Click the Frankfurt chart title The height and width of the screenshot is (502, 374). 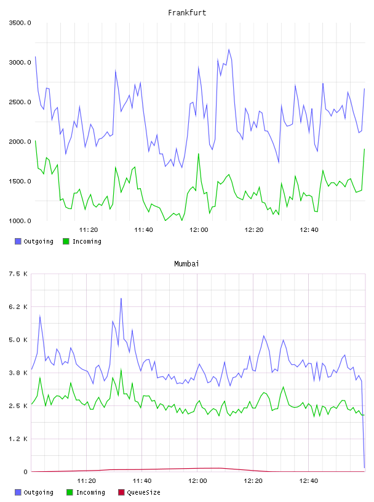coord(187,12)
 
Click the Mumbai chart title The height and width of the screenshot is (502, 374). coord(186,263)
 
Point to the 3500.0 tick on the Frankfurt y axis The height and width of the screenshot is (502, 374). coord(20,23)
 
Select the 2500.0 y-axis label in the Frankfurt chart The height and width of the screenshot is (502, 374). coord(20,102)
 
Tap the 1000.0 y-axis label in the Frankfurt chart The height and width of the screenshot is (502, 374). coord(20,221)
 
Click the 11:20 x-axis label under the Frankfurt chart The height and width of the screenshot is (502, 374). coord(89,229)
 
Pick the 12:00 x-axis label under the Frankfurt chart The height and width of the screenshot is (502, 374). coord(199,229)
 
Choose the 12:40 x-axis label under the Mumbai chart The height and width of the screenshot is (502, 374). coord(309,480)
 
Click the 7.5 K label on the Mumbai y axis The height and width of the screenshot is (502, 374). coord(18,274)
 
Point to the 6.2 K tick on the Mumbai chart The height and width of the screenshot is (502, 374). coord(18,307)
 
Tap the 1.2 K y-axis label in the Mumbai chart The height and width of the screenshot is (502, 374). coord(18,439)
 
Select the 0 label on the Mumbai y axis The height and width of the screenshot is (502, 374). coord(25,472)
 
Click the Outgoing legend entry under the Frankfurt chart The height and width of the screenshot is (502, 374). coord(34,241)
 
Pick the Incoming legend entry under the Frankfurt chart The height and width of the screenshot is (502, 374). coord(82,241)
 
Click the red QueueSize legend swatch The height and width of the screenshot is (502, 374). coord(121,492)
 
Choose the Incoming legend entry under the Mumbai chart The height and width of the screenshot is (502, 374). coord(86,492)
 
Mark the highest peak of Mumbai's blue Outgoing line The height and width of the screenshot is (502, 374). coord(121,298)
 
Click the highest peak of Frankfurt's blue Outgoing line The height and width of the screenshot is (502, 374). coord(229,50)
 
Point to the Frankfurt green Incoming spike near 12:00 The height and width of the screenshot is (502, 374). coord(199,154)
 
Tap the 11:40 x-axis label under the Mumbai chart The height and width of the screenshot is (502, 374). coord(142,480)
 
